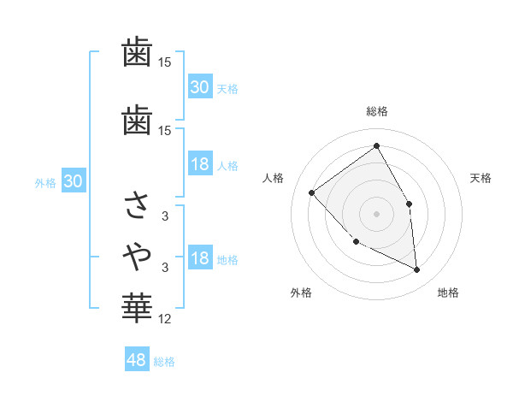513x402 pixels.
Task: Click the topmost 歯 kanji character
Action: tap(138, 53)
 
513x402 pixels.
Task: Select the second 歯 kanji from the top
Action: tap(138, 120)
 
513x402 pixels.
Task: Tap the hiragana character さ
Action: tap(138, 204)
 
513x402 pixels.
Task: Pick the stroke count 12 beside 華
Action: tap(165, 319)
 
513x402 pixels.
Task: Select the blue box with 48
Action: tap(137, 360)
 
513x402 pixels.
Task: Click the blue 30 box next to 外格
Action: tap(73, 181)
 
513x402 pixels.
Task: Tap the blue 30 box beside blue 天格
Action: tap(200, 87)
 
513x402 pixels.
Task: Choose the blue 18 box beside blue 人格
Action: tap(200, 165)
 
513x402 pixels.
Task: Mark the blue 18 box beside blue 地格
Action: tap(200, 259)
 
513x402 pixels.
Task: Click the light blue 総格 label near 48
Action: tap(164, 362)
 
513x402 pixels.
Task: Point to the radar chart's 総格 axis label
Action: tap(376, 111)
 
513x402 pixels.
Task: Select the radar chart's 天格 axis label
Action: tap(481, 178)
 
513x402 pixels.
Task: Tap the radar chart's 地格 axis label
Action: tap(448, 293)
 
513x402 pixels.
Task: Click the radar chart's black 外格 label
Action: tap(301, 293)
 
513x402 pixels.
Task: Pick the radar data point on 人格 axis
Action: tap(312, 192)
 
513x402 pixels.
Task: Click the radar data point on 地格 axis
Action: tap(416, 269)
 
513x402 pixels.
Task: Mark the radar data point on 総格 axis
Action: tap(376, 146)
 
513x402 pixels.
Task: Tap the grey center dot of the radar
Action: tap(376, 213)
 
